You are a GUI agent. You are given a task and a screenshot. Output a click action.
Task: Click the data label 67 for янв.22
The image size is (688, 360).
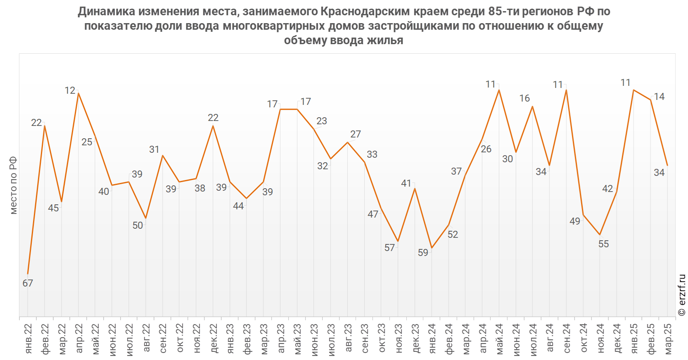click(28, 283)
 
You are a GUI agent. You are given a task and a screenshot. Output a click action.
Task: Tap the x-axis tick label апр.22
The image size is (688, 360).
click(79, 338)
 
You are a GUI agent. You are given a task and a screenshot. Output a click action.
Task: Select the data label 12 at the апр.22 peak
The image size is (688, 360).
click(70, 90)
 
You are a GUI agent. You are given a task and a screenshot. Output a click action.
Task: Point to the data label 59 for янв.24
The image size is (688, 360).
click(423, 253)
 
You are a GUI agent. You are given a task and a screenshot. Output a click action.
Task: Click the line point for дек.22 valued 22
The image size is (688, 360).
click(213, 126)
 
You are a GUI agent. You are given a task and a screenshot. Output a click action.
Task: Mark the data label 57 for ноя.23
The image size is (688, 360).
click(389, 248)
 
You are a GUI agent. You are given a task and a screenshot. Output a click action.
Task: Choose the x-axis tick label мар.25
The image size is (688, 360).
click(668, 339)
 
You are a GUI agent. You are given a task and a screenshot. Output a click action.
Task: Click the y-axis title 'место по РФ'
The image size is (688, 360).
click(14, 185)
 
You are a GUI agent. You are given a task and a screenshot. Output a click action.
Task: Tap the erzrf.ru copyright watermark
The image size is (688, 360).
click(682, 295)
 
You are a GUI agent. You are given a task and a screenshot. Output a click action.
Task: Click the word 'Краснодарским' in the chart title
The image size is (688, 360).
click(365, 12)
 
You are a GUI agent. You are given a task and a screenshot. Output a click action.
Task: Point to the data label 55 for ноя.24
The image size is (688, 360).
click(603, 244)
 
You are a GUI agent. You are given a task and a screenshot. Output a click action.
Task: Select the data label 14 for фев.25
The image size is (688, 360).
click(659, 97)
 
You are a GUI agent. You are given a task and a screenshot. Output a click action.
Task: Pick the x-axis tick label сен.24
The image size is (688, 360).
click(567, 338)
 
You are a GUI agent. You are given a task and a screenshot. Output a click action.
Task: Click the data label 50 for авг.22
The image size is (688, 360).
click(138, 225)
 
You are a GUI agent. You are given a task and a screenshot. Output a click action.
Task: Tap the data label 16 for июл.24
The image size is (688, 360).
click(524, 98)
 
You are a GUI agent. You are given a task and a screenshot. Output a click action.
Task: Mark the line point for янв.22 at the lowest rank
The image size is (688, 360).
click(28, 274)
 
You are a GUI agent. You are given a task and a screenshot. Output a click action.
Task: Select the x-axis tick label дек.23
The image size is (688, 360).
click(415, 338)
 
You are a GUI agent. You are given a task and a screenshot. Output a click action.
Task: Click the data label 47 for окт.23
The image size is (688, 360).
click(373, 214)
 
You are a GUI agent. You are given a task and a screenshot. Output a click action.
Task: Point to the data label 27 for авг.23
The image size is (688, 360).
click(356, 134)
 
